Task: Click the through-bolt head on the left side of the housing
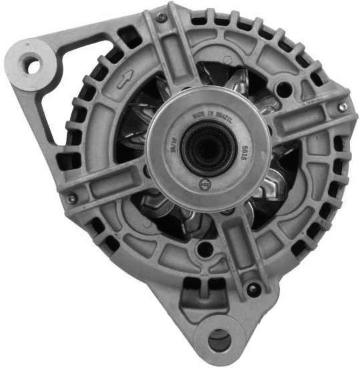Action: pos(71,198)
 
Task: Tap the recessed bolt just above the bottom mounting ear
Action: pos(251,290)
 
